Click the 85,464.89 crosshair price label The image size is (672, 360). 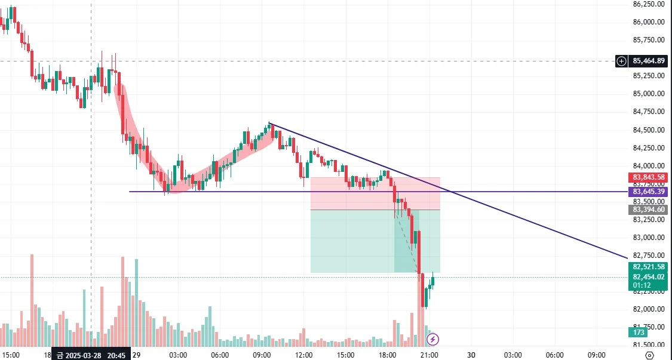(x=649, y=61)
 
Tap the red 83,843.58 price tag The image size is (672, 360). (x=648, y=177)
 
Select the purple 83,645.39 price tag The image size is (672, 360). (x=648, y=192)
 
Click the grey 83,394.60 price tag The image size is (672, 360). (x=648, y=210)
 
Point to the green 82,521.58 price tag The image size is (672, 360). (x=648, y=267)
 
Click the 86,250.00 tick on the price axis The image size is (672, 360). (x=649, y=4)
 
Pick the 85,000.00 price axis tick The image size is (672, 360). (x=649, y=94)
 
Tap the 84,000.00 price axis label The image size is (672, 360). (x=649, y=166)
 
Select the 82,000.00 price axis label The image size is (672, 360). (x=649, y=309)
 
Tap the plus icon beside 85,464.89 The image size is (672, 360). (x=622, y=61)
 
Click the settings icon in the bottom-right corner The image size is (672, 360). (x=649, y=355)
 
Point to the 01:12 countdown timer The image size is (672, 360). (x=641, y=285)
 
